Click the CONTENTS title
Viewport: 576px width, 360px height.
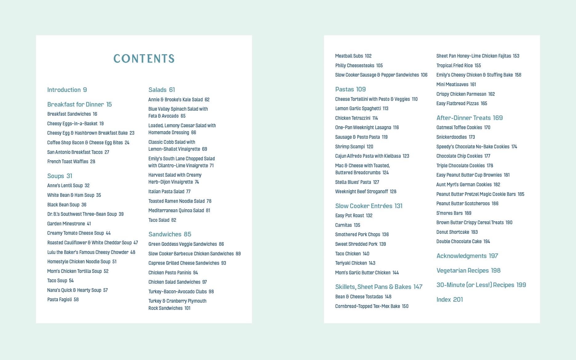tap(144, 58)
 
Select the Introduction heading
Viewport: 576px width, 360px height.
tap(67, 90)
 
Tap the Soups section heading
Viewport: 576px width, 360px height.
tap(59, 176)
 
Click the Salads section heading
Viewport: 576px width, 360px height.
tap(162, 90)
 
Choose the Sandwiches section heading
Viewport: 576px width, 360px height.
tap(170, 234)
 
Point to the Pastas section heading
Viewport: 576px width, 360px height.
tap(350, 89)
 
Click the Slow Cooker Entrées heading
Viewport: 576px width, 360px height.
tap(369, 206)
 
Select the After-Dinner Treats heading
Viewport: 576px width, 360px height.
tap(469, 118)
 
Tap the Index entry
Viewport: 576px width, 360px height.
tap(449, 299)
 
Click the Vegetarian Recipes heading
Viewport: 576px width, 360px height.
tap(468, 270)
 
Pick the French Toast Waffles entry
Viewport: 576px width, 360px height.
tap(71, 162)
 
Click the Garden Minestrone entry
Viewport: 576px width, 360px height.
tap(69, 224)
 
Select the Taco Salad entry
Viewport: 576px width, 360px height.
tap(162, 220)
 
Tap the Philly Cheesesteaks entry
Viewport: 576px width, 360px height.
tap(359, 66)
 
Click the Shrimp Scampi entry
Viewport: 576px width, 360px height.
tap(354, 147)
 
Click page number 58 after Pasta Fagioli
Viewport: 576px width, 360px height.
tap(76, 300)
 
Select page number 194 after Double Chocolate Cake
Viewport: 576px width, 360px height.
tap(486, 242)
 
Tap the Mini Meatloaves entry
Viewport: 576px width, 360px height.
tap(456, 85)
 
